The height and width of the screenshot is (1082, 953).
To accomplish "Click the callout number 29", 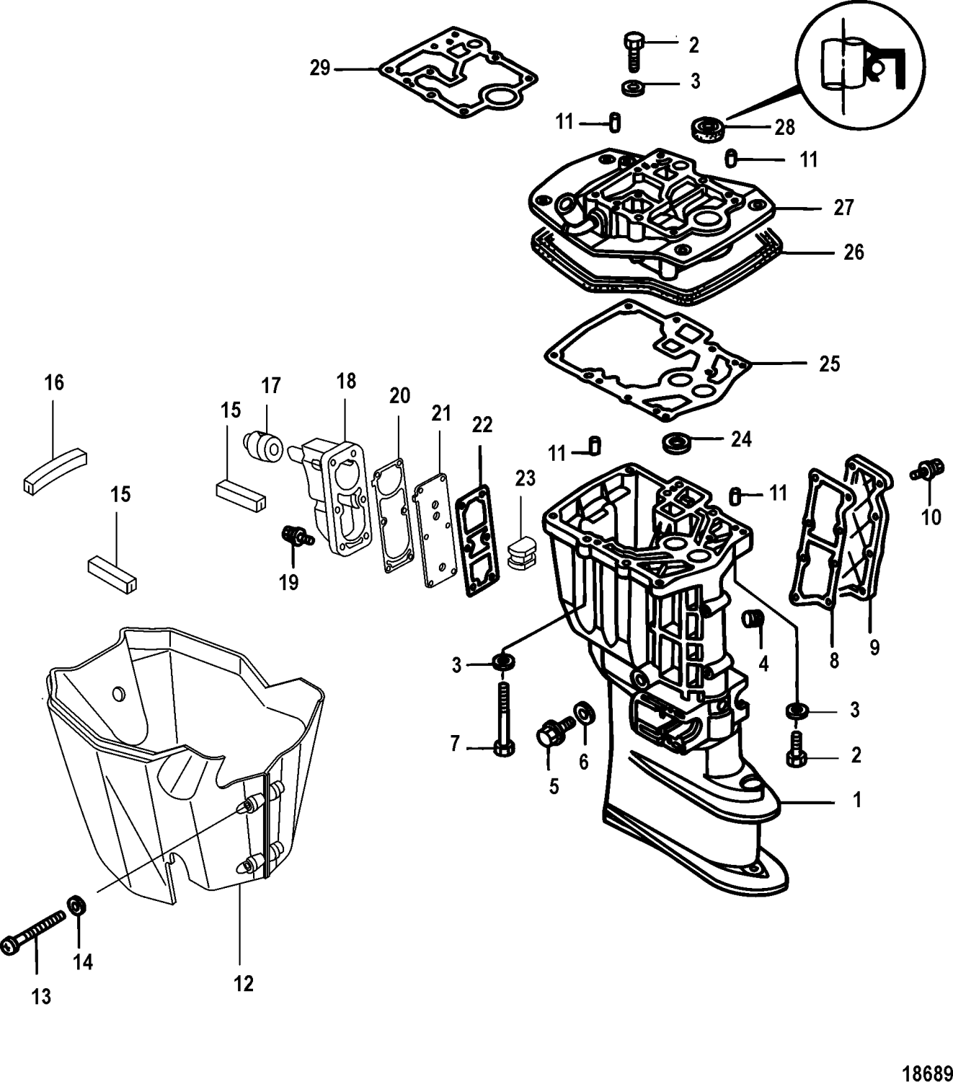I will pyautogui.click(x=319, y=68).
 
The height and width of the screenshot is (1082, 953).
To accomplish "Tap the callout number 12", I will pyautogui.click(x=244, y=983).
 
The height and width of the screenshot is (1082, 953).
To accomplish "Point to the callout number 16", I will pyautogui.click(x=54, y=382).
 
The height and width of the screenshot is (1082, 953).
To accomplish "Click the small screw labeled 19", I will pyautogui.click(x=294, y=535).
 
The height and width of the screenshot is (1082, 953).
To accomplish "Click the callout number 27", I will pyautogui.click(x=843, y=208).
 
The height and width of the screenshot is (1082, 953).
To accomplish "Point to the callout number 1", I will pyautogui.click(x=856, y=800).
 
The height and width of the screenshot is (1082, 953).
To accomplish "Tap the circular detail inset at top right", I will pyautogui.click(x=861, y=69).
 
